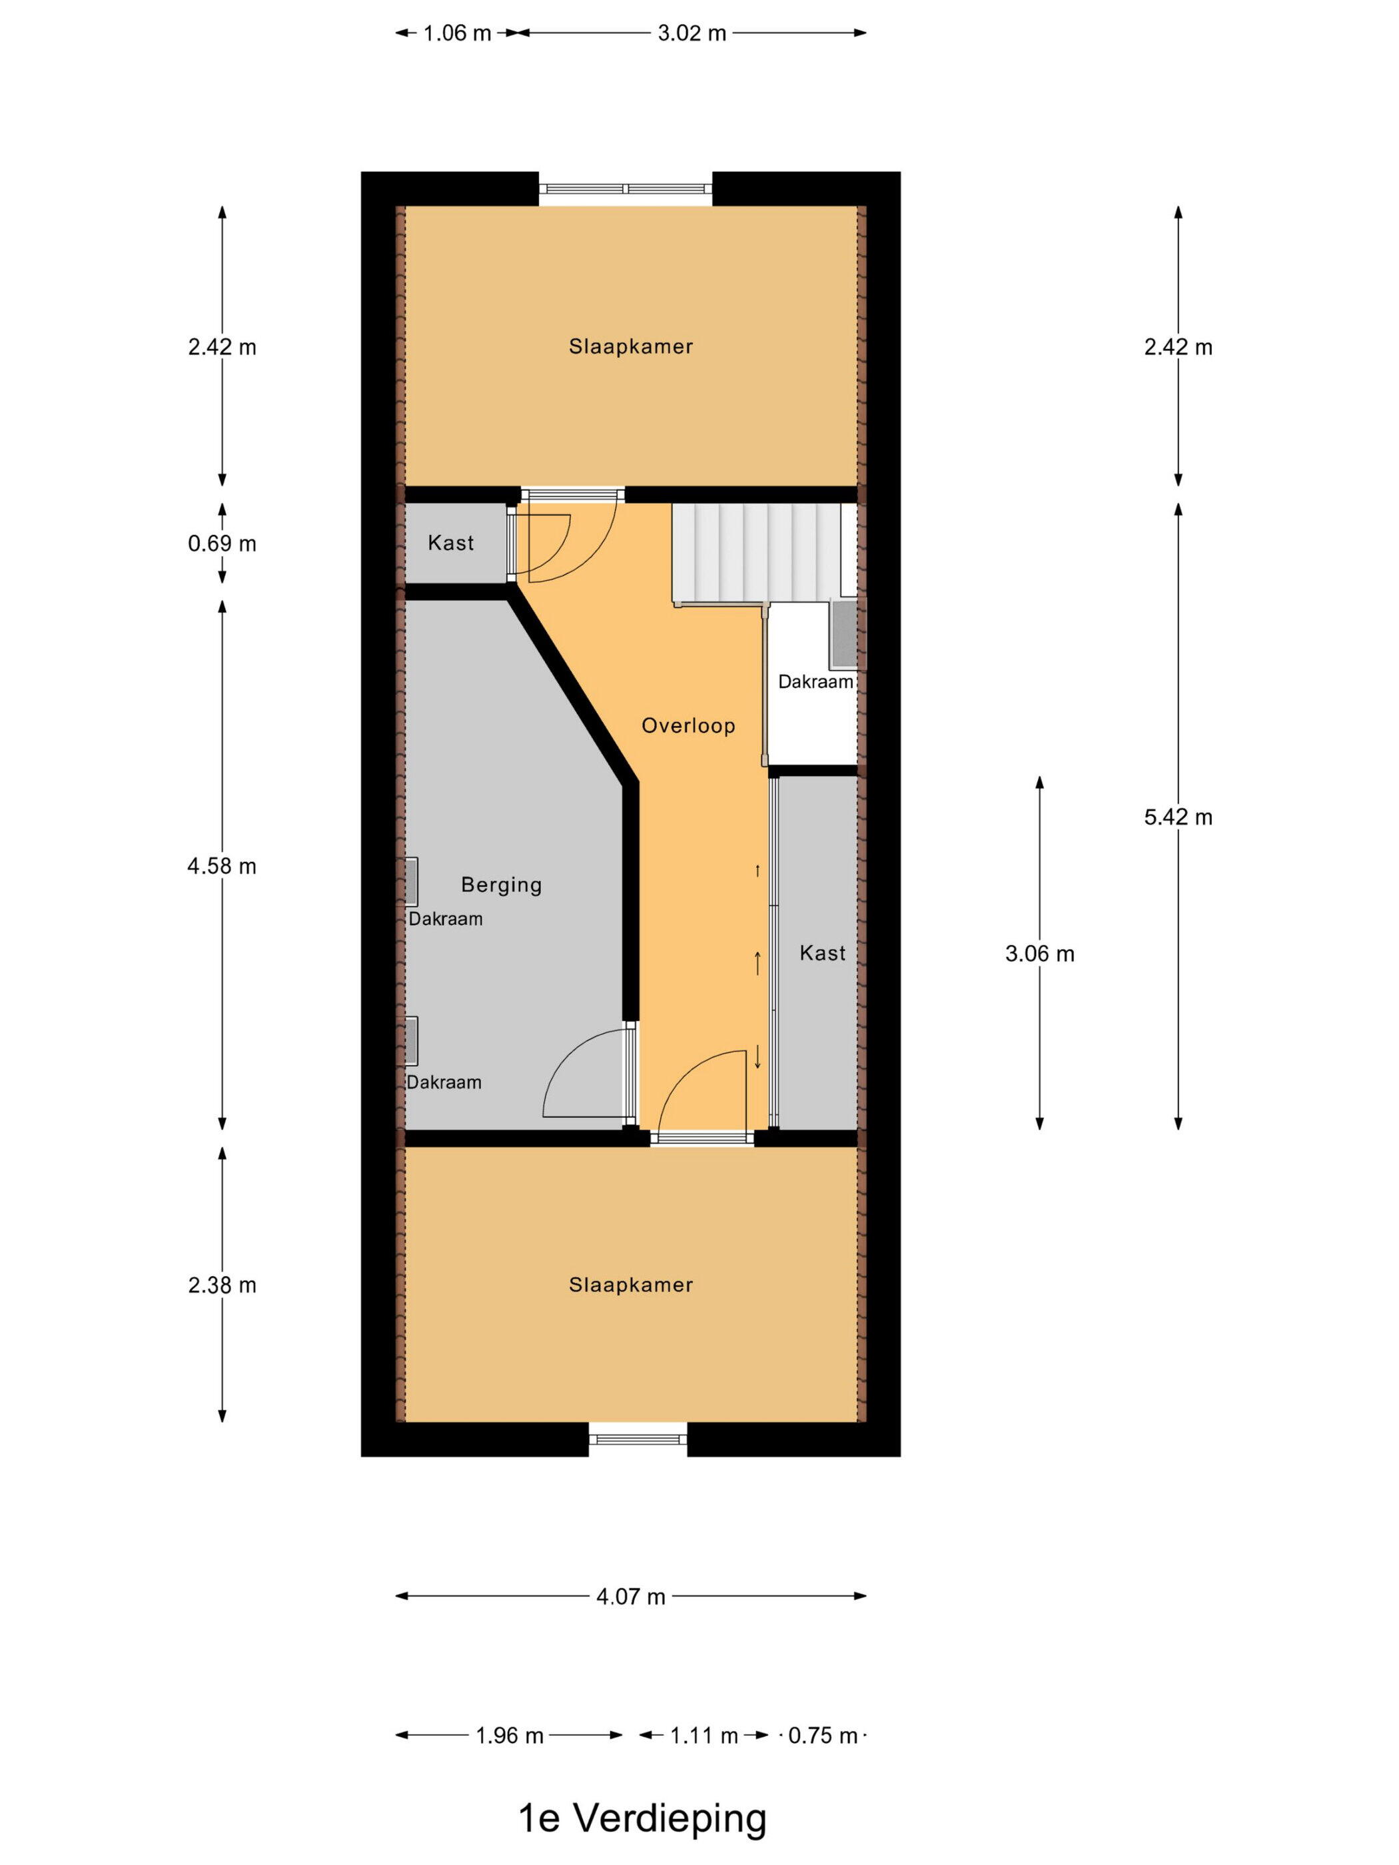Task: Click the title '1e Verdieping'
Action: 642,1818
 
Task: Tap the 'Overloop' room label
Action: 688,725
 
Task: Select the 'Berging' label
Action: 501,885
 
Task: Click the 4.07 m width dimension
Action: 631,1596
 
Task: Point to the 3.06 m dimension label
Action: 1040,954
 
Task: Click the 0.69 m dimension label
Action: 222,543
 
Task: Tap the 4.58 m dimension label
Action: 222,866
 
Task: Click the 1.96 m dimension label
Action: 510,1735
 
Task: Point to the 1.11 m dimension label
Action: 704,1735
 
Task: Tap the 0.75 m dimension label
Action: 823,1735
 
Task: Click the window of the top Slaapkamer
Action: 626,189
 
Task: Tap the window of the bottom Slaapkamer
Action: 638,1437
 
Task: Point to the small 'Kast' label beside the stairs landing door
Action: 450,542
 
